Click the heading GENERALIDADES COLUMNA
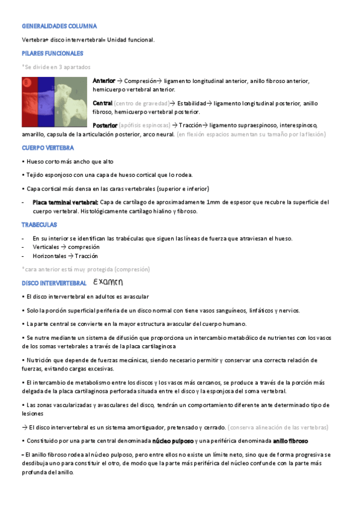click(x=59, y=26)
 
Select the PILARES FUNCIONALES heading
click(x=52, y=53)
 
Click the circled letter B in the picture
click(x=26, y=82)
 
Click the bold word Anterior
click(x=104, y=81)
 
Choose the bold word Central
click(x=102, y=103)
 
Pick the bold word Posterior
click(x=105, y=125)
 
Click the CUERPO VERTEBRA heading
click(x=47, y=147)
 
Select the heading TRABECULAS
click(x=39, y=224)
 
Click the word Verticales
click(x=46, y=247)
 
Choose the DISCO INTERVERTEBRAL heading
click(x=54, y=283)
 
